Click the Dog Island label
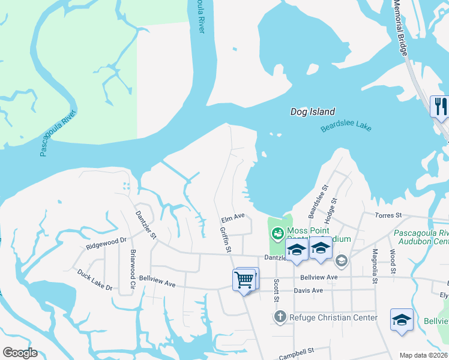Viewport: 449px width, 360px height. (312, 112)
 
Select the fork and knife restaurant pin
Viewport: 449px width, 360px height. (441, 107)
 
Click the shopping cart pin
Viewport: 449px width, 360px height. (244, 279)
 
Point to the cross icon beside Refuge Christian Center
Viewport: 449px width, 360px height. (280, 316)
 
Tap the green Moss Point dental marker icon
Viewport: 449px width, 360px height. (277, 233)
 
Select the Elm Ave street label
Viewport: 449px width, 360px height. (234, 216)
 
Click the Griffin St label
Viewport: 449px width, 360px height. (226, 239)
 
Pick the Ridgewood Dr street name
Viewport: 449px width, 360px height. (106, 242)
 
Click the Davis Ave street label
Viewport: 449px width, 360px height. (309, 290)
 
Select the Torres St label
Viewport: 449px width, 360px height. (388, 215)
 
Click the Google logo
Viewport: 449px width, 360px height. (20, 353)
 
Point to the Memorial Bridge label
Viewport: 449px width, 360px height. (402, 28)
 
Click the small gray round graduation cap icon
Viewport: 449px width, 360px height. (341, 260)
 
